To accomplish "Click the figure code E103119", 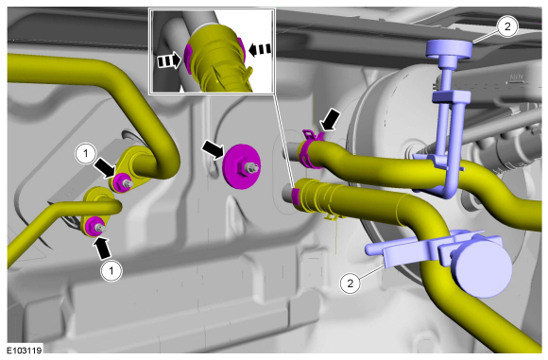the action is tap(25, 350).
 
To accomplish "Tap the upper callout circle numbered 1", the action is tap(86, 154).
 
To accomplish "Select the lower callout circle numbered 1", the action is tap(111, 270).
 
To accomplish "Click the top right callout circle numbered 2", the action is tap(507, 26).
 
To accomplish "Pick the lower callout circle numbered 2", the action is tap(351, 283).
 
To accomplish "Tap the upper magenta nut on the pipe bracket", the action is tap(121, 182).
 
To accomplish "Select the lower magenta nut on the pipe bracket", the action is tap(94, 226).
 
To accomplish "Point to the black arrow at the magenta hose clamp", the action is tap(329, 119).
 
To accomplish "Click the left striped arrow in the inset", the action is tap(169, 61).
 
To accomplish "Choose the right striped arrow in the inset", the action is tap(259, 50).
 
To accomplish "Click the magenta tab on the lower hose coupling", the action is tap(296, 196).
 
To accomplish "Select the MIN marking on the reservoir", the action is tap(516, 77).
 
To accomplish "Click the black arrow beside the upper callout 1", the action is tap(105, 166).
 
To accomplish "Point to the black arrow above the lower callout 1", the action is tap(102, 248).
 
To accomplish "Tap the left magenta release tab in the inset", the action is tap(188, 60).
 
